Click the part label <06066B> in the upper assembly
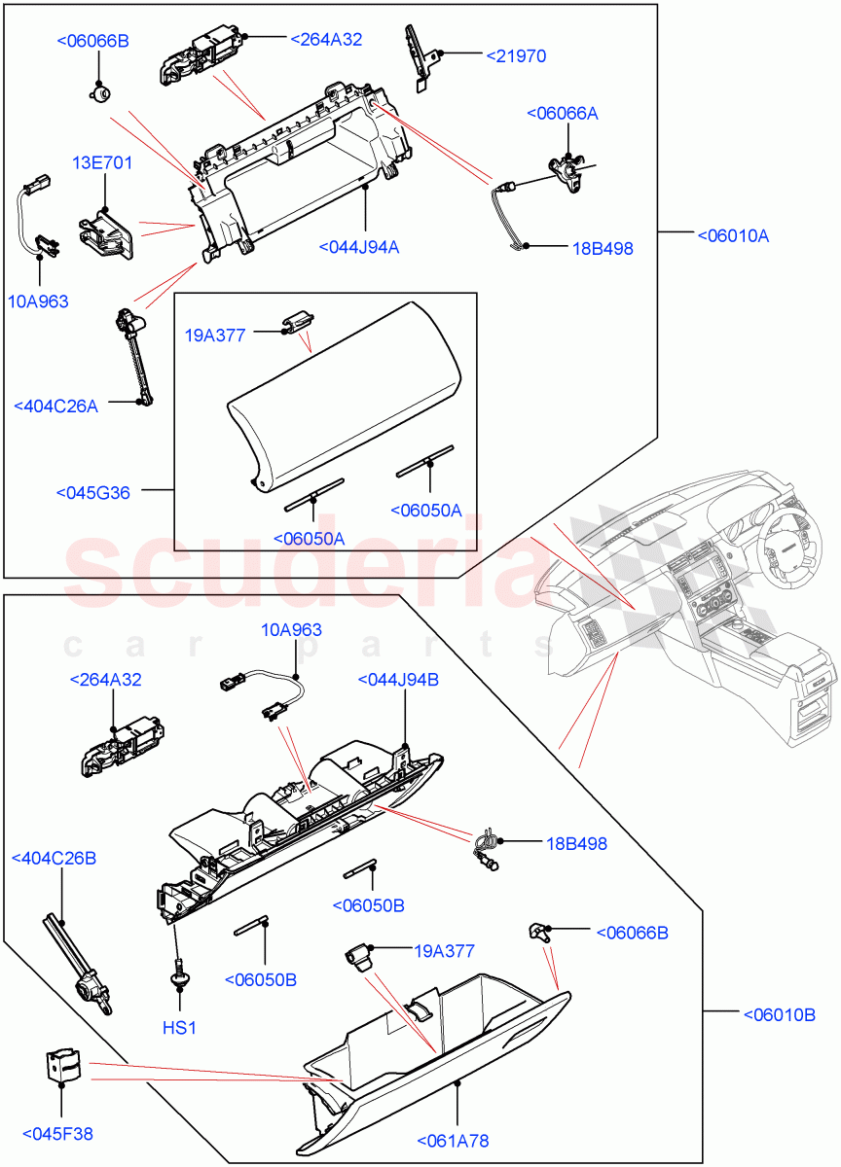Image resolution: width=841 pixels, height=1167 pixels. pos(92,41)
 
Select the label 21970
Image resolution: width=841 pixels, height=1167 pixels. pos(515,56)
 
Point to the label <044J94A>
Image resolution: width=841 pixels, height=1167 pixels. pos(358,247)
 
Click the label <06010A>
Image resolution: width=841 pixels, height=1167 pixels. pos(732,235)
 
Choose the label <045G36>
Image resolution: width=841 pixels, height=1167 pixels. pos(92,493)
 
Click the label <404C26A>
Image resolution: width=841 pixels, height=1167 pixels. pos(55,406)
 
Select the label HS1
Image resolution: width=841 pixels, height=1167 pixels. pos(179,1027)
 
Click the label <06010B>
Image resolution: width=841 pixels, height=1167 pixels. pos(778,1015)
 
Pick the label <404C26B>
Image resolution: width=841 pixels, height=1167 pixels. pos(54,858)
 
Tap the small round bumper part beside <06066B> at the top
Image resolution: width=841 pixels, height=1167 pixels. pos(98,92)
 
